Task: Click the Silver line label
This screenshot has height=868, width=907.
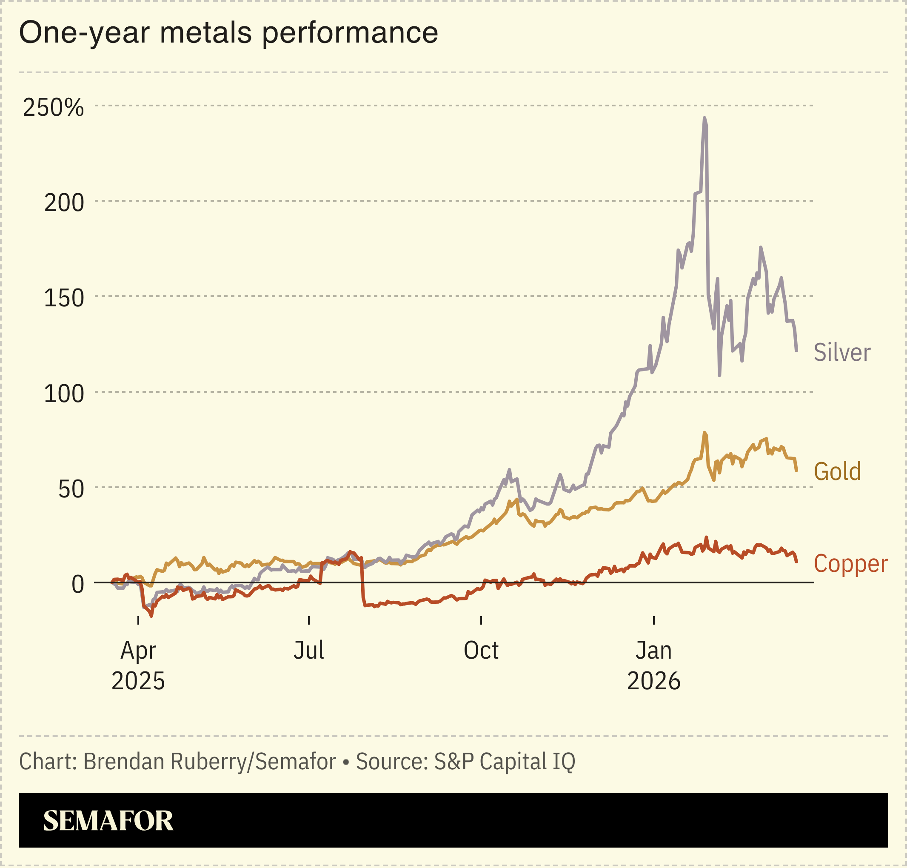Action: click(x=842, y=353)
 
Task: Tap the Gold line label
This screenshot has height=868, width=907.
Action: click(x=837, y=471)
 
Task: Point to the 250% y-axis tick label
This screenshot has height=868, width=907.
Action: click(x=53, y=107)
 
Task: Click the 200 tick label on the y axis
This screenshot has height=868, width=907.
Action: click(x=64, y=203)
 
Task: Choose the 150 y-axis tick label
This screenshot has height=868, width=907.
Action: click(x=64, y=298)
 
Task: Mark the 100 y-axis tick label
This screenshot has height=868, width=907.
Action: click(x=64, y=394)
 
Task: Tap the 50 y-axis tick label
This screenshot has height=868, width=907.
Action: click(x=71, y=489)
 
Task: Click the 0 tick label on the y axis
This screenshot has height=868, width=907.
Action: click(x=78, y=584)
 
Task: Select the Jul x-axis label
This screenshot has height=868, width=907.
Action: click(x=308, y=651)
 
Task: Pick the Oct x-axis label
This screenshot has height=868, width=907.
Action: click(x=481, y=651)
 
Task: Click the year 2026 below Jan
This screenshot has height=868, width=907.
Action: click(x=653, y=681)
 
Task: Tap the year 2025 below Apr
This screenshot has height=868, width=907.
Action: click(x=138, y=681)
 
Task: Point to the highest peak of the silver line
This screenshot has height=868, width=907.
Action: click(x=704, y=118)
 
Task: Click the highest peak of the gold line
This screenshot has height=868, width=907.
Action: click(x=704, y=433)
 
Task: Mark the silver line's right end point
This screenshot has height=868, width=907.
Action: click(x=796, y=350)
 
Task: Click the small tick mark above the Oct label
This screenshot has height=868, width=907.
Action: click(x=481, y=620)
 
